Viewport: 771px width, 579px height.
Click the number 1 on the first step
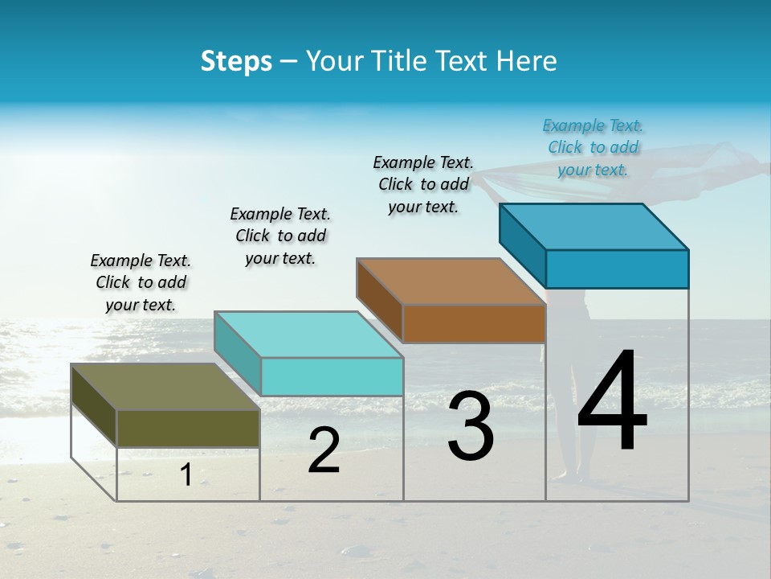tap(186, 474)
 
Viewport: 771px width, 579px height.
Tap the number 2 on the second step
tap(324, 450)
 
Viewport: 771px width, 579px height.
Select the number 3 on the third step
tap(471, 425)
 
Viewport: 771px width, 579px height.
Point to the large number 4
tap(612, 403)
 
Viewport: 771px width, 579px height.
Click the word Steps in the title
tap(236, 61)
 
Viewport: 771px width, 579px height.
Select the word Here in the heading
tap(528, 61)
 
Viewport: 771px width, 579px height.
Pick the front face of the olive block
tap(188, 428)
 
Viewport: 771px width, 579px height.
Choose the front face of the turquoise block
tap(332, 376)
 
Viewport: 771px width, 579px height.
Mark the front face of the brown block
tap(474, 323)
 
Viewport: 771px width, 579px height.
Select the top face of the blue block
tap(594, 227)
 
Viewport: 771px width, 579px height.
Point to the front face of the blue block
tap(617, 269)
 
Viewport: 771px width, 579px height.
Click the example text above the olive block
tap(141, 282)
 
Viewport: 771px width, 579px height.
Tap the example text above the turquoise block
tap(280, 236)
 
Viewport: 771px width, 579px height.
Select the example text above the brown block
tap(423, 184)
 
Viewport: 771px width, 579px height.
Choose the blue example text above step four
tap(593, 147)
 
